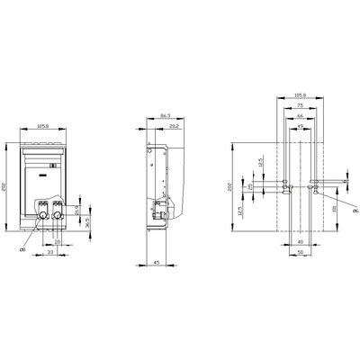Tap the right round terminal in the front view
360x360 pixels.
tap(59, 216)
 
